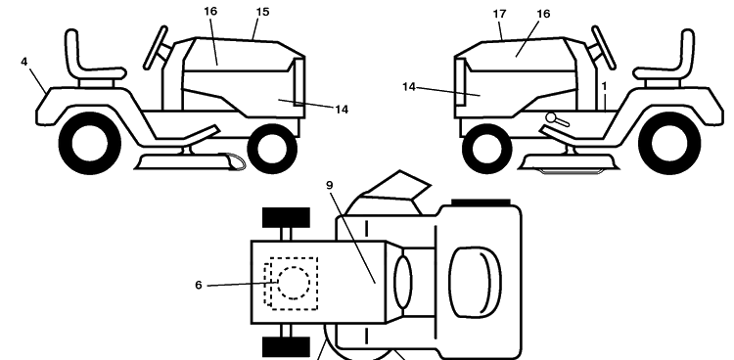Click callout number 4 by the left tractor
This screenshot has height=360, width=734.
pos(23,62)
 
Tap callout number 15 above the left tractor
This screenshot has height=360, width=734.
pos(263,12)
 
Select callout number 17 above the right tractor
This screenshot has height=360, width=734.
pos(499,14)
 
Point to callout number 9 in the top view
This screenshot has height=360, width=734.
pos(330,186)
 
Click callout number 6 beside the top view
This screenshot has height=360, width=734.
pos(199,285)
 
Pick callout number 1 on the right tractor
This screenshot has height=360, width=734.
pos(605,87)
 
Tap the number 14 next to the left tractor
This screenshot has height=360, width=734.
pos(342,110)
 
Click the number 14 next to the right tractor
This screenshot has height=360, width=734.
pos(409,87)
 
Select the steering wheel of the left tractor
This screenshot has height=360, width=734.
pos(156,48)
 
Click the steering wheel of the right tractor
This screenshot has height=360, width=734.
pos(604,48)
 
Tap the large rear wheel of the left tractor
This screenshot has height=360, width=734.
pos(90,143)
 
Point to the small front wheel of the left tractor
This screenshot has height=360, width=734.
pos(272,149)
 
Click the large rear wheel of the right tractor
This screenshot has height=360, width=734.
pos(669,143)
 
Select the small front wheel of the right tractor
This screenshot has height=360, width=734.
pos(486,149)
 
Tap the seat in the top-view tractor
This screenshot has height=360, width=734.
pos(475,280)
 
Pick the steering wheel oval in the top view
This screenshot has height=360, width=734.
pos(403,283)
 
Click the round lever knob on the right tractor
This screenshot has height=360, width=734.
pos(551,117)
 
